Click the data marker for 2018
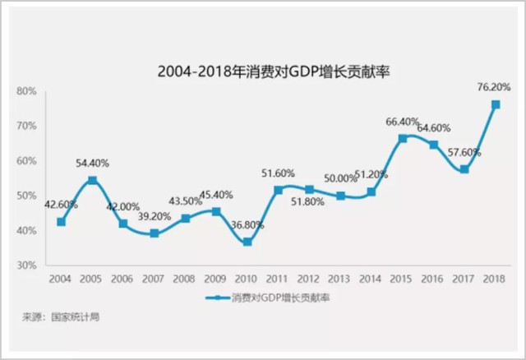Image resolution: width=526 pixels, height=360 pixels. pos(496,104)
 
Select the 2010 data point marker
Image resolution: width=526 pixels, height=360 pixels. pos(247,242)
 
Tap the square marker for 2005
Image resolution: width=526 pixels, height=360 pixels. pos(92,180)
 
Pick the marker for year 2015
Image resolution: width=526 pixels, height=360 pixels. pos(403,138)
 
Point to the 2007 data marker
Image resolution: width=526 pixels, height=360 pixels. pos(154,233)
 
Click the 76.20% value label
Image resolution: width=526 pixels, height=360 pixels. pos(494,85)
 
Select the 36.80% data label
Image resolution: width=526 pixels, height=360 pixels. pos(246,224)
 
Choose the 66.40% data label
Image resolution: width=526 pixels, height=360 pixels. pos(403,122)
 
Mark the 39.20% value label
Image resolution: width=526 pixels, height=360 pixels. pos(154,216)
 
